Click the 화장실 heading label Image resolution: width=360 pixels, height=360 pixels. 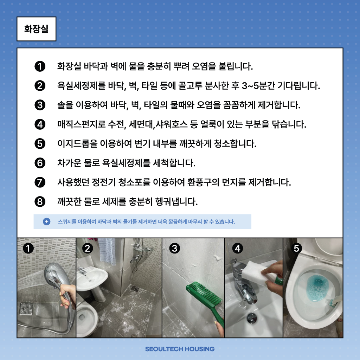coord(36,29)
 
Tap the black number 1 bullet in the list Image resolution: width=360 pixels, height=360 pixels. coord(40,66)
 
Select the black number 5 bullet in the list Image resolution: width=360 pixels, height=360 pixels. coord(40,144)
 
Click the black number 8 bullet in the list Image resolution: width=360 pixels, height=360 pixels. coord(40,202)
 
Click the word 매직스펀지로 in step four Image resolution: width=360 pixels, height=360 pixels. coord(82,124)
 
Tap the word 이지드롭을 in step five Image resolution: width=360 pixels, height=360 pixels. coord(77,144)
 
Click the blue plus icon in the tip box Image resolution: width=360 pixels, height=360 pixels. coord(47,221)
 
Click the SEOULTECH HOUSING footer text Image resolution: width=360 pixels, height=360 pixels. coord(180,349)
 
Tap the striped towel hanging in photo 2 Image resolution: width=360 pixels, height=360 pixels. coord(107,251)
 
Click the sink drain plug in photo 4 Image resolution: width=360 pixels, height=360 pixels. coord(252,318)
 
